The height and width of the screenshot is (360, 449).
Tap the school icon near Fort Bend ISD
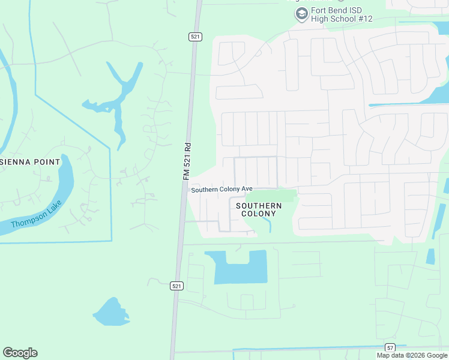302,14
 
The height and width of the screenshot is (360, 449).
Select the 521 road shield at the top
194,37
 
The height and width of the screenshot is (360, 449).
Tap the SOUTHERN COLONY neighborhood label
259,209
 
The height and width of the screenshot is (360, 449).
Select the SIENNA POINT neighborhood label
30,162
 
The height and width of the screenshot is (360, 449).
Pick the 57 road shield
390,347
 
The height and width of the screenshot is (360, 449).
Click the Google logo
20,353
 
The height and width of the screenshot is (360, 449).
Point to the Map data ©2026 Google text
411,355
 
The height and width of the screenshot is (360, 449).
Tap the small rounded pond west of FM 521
110,313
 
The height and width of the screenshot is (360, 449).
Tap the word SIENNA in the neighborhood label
13,162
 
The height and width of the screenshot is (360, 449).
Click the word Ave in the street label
246,189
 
